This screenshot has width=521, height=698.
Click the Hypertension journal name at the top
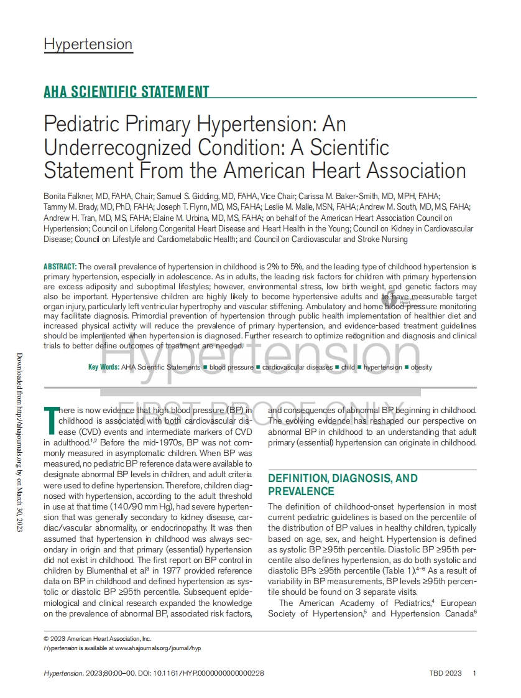[x=88, y=44]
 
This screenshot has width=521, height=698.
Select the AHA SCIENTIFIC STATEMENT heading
[x=126, y=92]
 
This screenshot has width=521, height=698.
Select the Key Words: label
[x=104, y=367]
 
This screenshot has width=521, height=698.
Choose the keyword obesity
[x=422, y=367]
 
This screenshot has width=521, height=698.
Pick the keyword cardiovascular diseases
[x=297, y=367]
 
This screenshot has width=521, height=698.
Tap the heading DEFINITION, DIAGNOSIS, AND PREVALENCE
[x=343, y=485]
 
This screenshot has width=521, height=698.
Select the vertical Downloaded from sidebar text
[x=19, y=442]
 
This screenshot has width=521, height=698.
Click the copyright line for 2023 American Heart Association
[x=98, y=638]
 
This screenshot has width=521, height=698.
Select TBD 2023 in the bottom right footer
[x=445, y=673]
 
